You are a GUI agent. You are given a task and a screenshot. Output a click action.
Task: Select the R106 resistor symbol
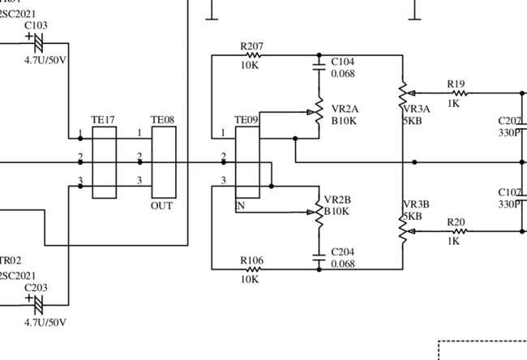click(251, 269)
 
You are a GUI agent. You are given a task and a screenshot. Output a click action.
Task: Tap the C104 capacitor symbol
click(320, 63)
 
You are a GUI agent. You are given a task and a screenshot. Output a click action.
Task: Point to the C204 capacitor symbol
click(320, 260)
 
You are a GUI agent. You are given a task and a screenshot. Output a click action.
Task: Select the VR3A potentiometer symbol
click(403, 95)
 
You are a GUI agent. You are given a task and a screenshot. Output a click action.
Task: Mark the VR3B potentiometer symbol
click(403, 229)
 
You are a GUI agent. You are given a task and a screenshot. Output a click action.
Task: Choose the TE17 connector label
click(103, 120)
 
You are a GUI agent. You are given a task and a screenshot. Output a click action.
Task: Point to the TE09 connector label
click(246, 120)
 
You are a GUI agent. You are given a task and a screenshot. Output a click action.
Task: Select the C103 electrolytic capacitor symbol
click(36, 39)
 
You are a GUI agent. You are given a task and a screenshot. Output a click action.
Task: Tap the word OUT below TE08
click(161, 206)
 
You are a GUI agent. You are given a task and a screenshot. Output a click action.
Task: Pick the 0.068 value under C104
click(342, 74)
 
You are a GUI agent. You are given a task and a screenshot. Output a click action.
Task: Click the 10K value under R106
click(250, 280)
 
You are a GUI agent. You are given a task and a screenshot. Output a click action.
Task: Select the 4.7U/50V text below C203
click(45, 322)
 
